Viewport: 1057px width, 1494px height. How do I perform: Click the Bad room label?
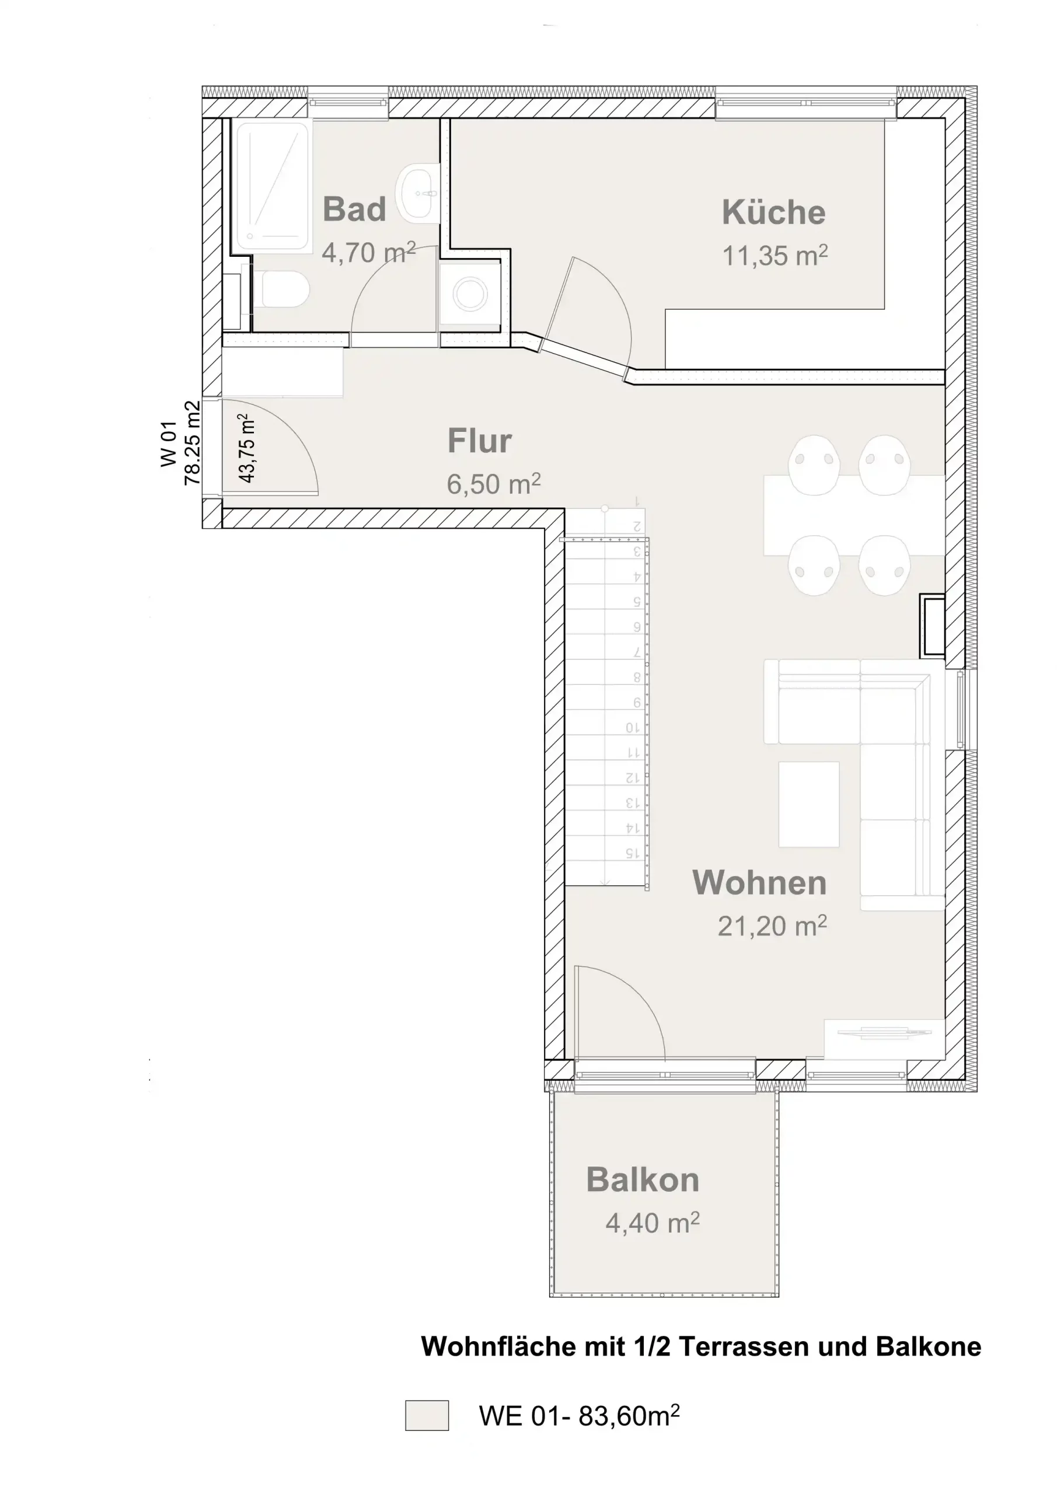pos(354,209)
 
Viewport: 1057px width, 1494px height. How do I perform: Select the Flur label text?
pos(479,441)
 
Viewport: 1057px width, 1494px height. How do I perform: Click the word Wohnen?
pos(759,882)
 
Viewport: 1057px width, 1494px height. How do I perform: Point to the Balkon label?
pos(643,1179)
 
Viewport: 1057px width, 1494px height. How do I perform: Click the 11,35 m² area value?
pos(775,256)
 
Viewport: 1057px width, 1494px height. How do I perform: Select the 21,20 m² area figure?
pos(772,926)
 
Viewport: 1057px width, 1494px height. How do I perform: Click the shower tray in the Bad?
pos(272,186)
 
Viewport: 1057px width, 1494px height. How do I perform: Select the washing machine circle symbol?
pos(470,295)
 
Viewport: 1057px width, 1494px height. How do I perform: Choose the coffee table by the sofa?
pos(808,804)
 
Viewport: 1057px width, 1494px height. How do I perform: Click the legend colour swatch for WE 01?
pos(427,1416)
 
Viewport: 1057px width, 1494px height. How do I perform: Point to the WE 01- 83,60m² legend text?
pos(579,1416)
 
